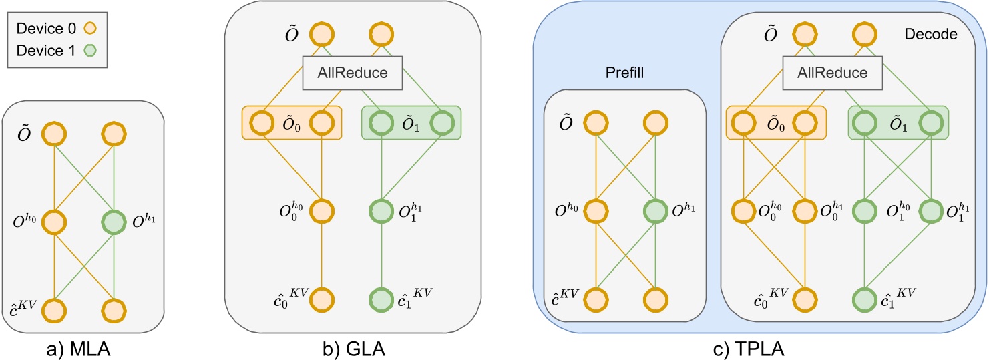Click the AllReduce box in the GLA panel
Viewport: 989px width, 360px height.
(x=353, y=73)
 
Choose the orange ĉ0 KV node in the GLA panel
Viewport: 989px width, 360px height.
(x=322, y=299)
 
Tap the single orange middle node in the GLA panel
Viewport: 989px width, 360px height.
(x=322, y=209)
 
